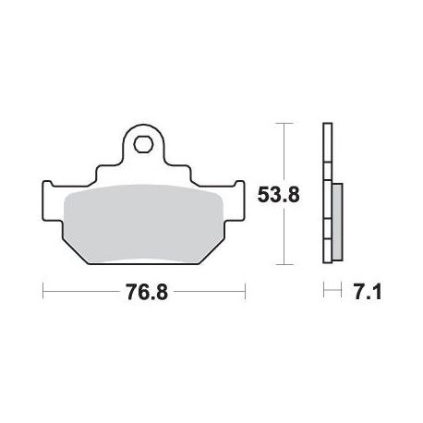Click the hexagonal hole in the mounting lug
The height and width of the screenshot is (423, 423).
143,143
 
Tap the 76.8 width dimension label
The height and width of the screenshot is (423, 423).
147,292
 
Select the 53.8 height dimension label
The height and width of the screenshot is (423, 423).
278,195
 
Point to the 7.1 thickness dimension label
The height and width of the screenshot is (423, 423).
368,292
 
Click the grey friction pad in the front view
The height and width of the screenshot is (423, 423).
143,224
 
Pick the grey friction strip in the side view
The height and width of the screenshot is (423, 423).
338,222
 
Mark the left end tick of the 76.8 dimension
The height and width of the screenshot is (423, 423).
42,291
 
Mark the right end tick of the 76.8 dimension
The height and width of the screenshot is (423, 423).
245,291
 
